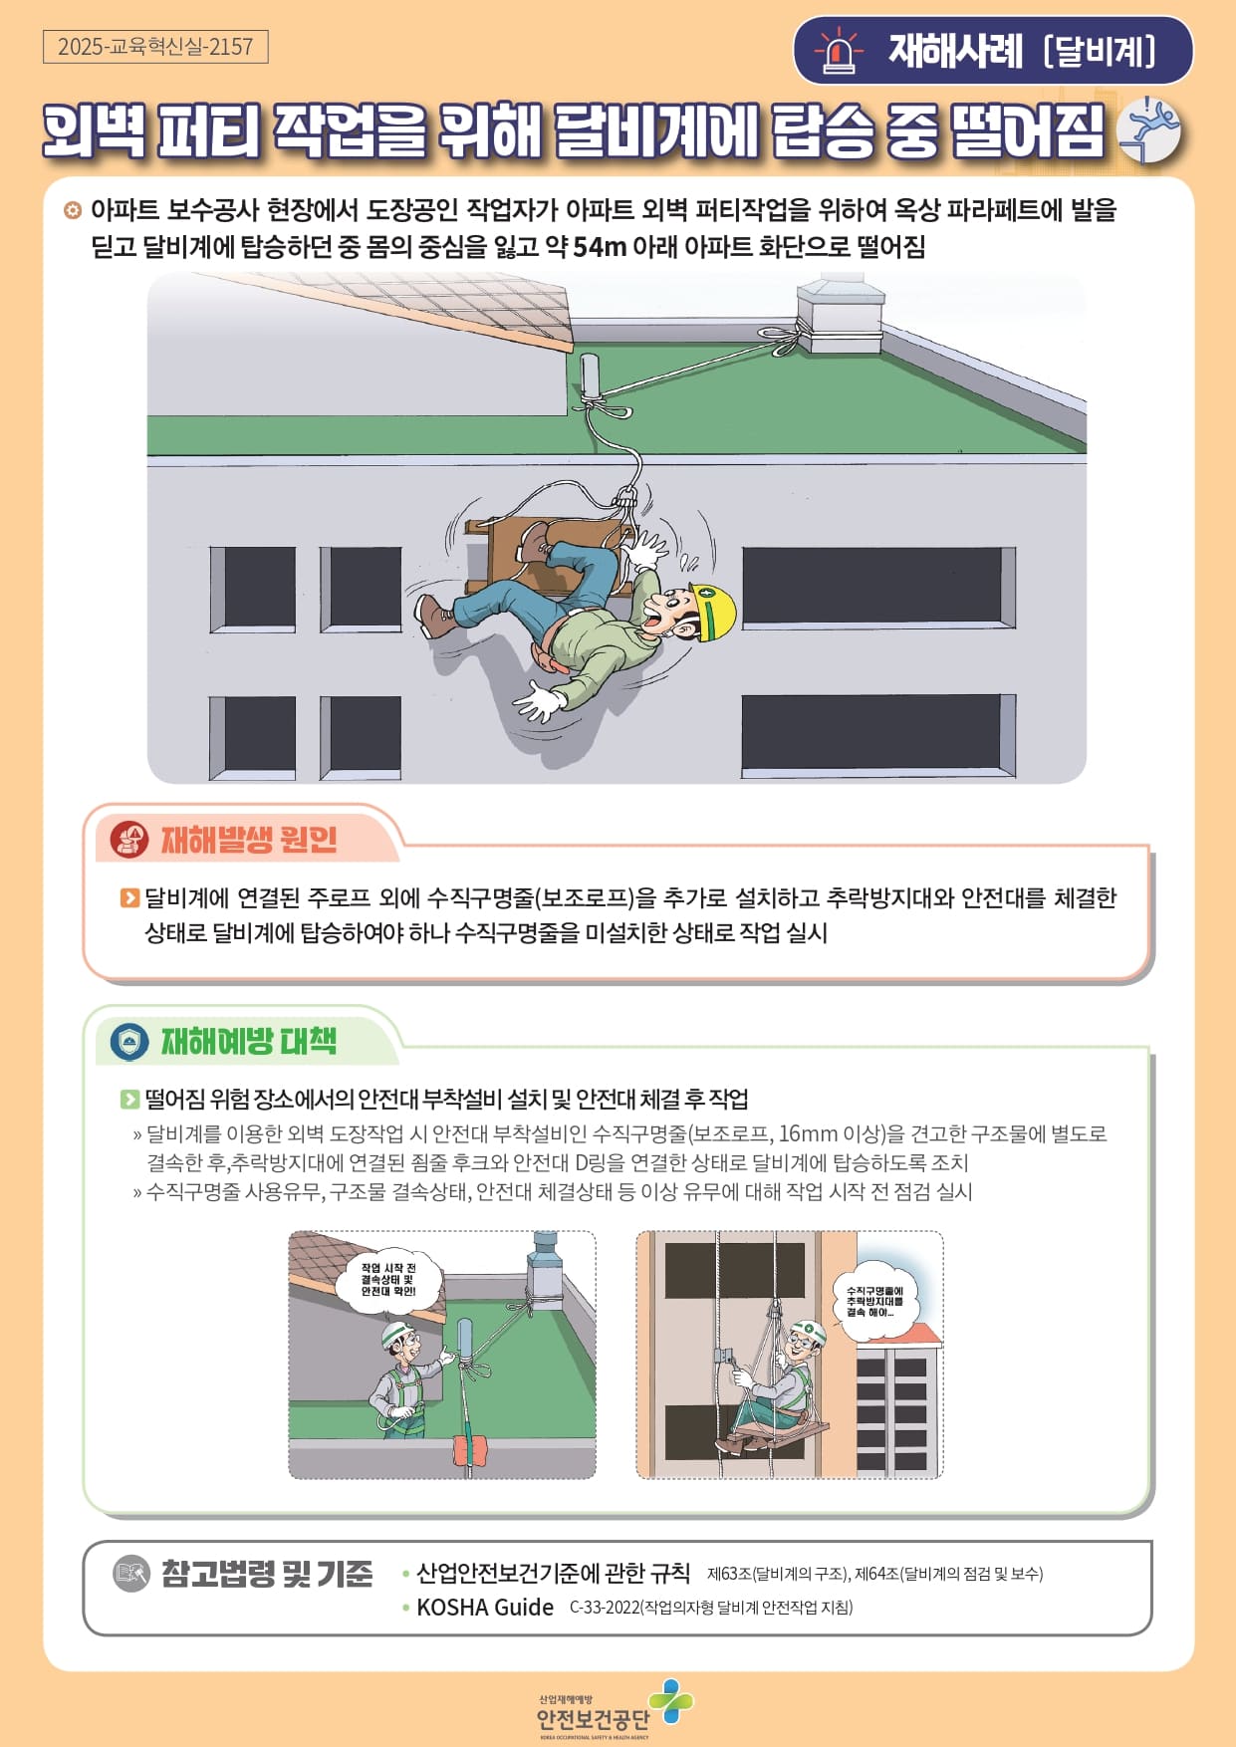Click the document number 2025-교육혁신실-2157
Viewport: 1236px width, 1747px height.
tap(155, 47)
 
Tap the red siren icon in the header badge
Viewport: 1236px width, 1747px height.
tap(839, 52)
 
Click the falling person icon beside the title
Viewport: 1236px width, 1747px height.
tap(1148, 130)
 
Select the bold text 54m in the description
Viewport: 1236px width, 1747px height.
tap(600, 246)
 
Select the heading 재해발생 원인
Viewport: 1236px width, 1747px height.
tap(249, 840)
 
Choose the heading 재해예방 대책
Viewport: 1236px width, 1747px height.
tap(249, 1041)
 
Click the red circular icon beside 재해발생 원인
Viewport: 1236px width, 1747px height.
tap(128, 840)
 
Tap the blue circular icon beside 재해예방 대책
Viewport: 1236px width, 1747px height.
tap(128, 1042)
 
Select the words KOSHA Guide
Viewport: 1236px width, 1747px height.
tap(485, 1607)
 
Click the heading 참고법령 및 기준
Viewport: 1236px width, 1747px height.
tap(267, 1574)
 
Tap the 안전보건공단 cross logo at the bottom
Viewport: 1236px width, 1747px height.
tap(671, 1700)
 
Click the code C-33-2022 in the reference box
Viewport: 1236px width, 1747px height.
tap(605, 1607)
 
